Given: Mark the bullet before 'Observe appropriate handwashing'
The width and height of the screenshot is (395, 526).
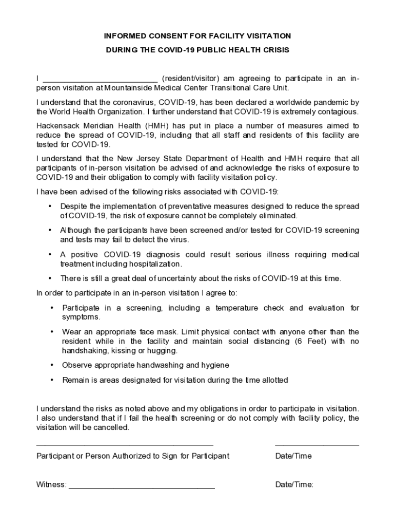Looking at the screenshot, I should coord(52,365).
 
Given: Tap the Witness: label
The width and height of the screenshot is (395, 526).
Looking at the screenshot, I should coord(51,485).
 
